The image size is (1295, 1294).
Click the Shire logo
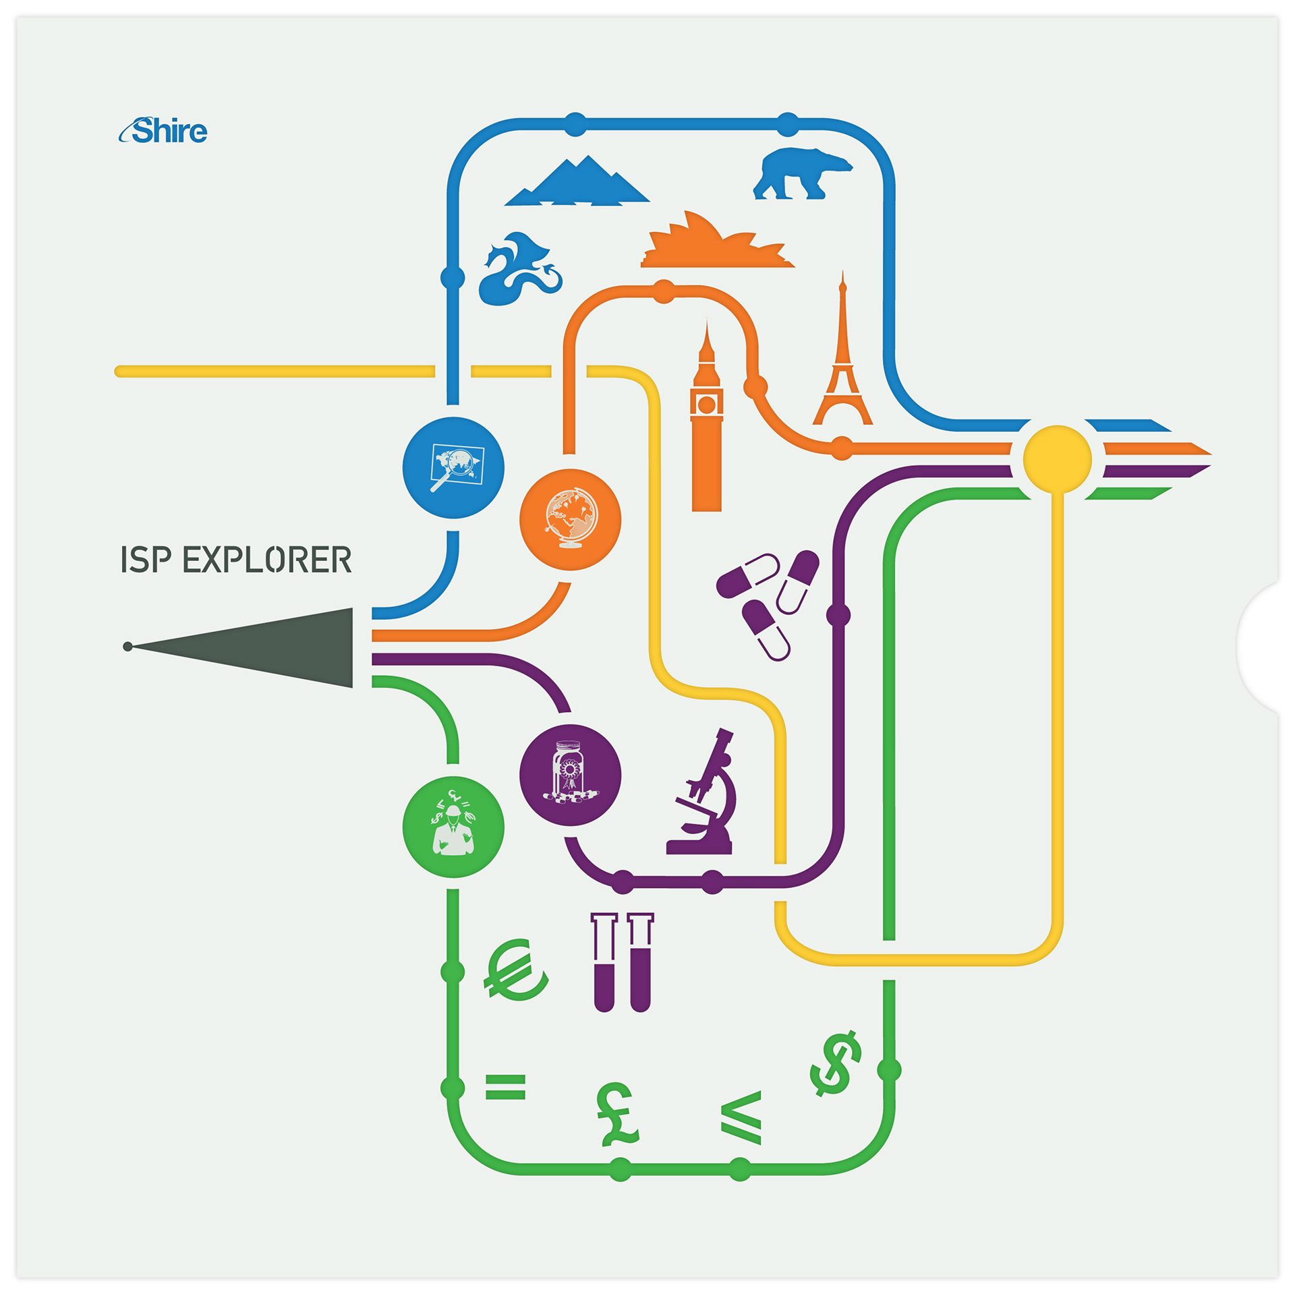pyautogui.click(x=164, y=131)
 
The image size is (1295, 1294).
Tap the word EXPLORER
pyautogui.click(x=267, y=560)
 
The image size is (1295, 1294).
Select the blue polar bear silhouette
pyautogui.click(x=801, y=174)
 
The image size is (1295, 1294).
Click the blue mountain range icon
pyautogui.click(x=577, y=183)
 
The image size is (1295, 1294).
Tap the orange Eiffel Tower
pyautogui.click(x=842, y=364)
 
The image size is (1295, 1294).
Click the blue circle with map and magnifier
pyautogui.click(x=453, y=467)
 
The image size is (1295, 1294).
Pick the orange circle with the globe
pyautogui.click(x=570, y=519)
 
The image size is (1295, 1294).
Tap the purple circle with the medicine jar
pyautogui.click(x=570, y=775)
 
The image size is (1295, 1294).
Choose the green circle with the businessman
pyautogui.click(x=453, y=827)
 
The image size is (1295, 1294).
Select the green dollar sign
pyautogui.click(x=836, y=1063)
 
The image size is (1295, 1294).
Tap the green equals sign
pyautogui.click(x=505, y=1086)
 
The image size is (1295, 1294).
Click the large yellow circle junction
pyautogui.click(x=1057, y=459)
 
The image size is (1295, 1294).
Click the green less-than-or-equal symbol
pyautogui.click(x=742, y=1117)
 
